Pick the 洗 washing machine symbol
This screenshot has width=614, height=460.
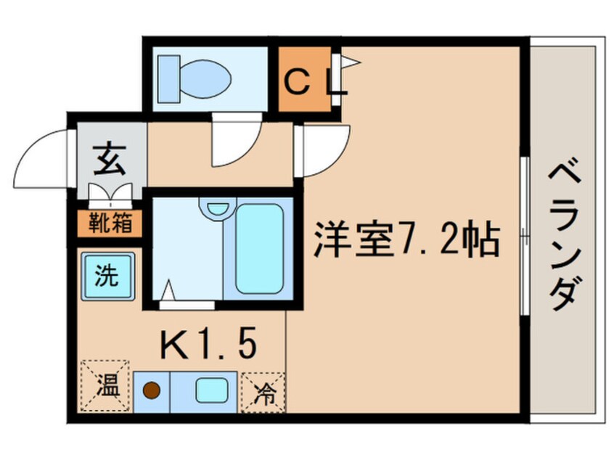click(107, 276)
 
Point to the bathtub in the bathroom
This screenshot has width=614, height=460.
click(258, 248)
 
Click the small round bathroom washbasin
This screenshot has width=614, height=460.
click(216, 208)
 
